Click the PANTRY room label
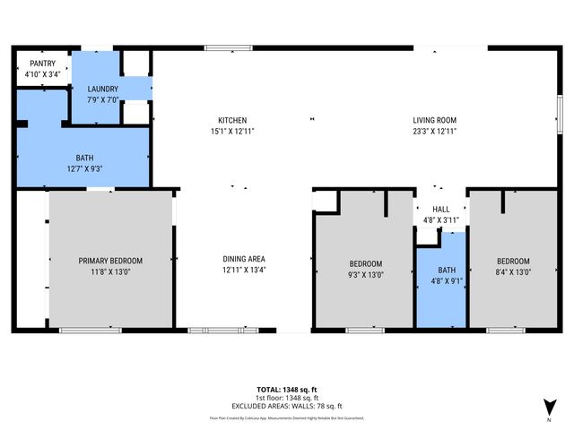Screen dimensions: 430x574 42,64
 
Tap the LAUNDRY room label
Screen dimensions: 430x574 101,89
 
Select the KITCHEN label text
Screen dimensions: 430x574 232,120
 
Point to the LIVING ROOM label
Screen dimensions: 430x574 435,120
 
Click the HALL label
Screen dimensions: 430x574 440,209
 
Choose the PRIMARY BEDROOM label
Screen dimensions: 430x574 110,261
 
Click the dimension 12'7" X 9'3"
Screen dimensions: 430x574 85,168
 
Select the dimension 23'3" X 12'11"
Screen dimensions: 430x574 435,131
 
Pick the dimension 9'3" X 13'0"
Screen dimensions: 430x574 366,274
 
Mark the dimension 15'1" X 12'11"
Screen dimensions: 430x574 232,131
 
